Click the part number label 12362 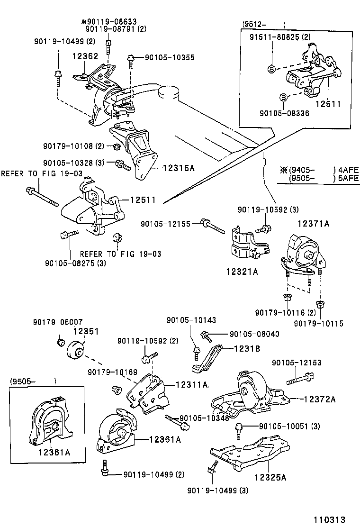[85, 56]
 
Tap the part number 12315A [181, 167]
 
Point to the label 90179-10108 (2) [73, 145]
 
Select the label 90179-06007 [58, 321]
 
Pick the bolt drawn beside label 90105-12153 [298, 379]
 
